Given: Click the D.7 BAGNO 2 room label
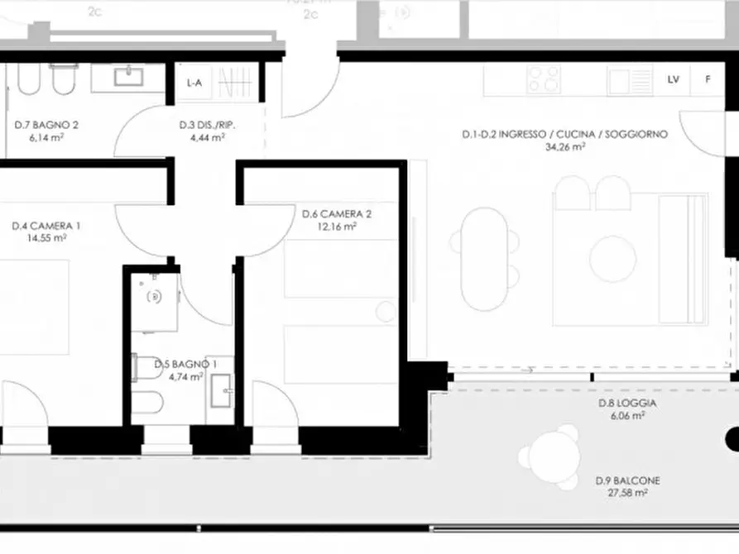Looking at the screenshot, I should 46,126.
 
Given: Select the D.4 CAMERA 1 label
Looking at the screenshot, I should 46,225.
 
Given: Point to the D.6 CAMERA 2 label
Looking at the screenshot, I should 337,214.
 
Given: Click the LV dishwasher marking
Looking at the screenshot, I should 673,79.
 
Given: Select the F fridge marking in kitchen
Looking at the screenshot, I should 707,79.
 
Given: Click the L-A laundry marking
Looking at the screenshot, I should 194,83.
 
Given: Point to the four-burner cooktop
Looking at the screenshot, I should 544,79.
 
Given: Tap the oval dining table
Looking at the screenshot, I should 485,258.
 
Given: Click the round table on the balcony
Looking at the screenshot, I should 548,457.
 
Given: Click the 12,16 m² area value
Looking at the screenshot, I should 339,226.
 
